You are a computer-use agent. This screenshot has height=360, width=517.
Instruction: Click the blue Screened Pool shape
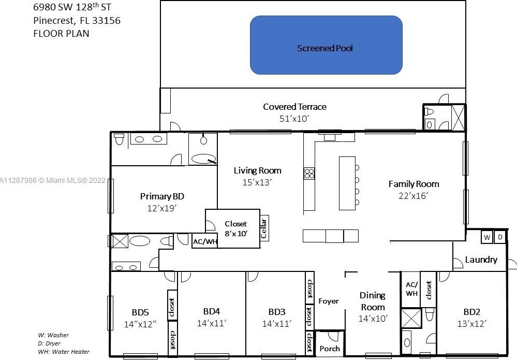(x=326, y=45)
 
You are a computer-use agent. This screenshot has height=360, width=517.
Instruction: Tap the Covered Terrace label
(x=294, y=107)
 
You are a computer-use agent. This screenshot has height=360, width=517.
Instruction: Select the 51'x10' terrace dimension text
(x=294, y=119)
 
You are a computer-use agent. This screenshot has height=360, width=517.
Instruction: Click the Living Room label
(x=257, y=170)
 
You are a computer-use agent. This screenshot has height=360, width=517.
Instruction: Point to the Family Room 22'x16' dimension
(x=413, y=196)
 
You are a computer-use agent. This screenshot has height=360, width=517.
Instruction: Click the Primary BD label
(x=162, y=196)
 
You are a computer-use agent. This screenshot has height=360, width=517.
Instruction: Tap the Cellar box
(x=264, y=228)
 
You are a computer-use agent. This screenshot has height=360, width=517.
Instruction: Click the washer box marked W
(x=487, y=237)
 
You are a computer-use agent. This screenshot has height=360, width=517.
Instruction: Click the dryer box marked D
(x=500, y=237)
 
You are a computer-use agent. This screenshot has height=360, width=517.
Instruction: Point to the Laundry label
(x=481, y=260)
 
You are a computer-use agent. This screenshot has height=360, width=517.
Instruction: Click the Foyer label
(x=329, y=301)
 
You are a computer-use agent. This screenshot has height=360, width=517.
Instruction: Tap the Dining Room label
(x=373, y=301)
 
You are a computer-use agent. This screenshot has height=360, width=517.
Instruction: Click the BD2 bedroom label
(x=471, y=312)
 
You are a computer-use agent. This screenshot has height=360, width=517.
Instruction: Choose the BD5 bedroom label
(x=140, y=312)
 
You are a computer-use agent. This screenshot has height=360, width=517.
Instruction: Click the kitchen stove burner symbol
(x=309, y=174)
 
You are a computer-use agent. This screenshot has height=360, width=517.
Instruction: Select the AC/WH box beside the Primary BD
(x=204, y=241)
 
